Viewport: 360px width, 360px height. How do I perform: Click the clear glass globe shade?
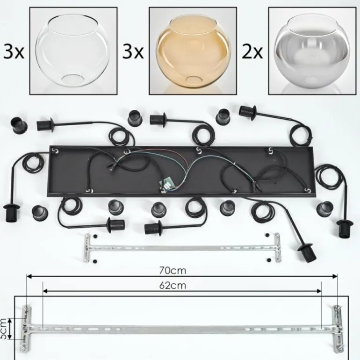coord(72,50)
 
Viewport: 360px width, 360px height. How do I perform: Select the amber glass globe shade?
coord(193,51)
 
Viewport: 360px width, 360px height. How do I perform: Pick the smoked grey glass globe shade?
coord(312,51)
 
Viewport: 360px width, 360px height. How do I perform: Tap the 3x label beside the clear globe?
coord(14,52)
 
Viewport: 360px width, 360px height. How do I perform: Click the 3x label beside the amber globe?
coord(133,52)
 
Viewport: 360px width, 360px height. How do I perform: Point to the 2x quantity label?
coord(252,52)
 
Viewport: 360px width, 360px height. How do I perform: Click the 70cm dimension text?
coord(173,271)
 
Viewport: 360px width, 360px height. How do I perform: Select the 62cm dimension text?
coord(173,285)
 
